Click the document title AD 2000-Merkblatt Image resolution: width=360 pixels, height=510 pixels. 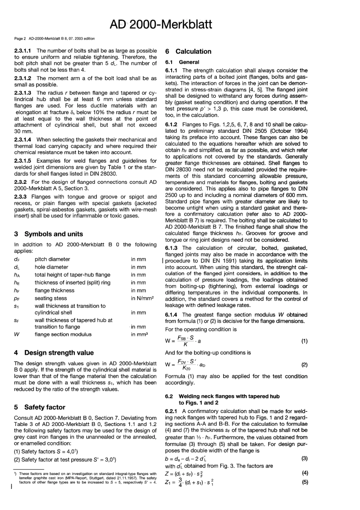tap(161, 24)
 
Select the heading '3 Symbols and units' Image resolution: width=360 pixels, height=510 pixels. tap(49, 234)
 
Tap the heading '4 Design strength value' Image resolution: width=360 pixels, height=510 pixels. tap(54, 353)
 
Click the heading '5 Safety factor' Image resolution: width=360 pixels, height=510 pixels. tap(40, 407)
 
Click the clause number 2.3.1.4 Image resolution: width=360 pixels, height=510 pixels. tap(23, 140)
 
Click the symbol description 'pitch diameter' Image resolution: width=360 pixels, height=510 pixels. tap(52, 259)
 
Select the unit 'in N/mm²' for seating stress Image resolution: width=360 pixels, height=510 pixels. tap(142, 298)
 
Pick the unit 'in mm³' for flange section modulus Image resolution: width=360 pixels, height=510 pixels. tap(139, 334)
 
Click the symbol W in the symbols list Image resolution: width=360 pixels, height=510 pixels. tap(17, 334)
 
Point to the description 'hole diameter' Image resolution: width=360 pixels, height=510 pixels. tap(52, 267)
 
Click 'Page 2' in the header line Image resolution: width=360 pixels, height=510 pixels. tap(20, 38)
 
